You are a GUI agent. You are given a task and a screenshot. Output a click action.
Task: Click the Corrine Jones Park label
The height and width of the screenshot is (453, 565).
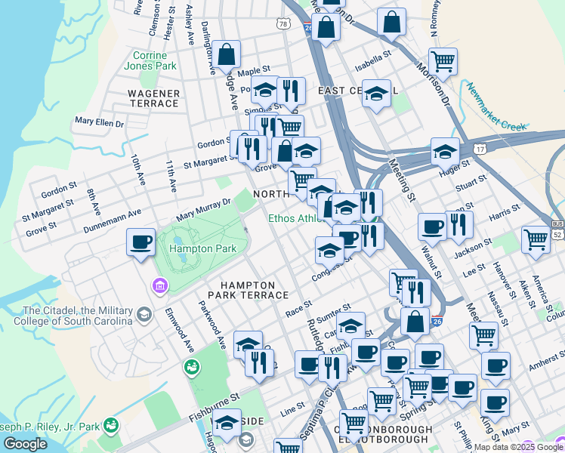(155, 60)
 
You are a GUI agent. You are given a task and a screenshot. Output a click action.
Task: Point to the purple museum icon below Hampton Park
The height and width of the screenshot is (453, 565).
(159, 285)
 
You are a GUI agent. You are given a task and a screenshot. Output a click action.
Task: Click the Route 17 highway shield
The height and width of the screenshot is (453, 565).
(480, 150)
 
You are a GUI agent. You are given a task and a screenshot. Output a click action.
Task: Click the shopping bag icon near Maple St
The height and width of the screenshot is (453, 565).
(226, 55)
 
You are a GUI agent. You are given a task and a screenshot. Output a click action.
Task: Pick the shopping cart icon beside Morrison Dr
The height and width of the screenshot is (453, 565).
(443, 61)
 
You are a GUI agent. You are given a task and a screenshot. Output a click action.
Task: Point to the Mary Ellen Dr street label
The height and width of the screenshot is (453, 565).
(98, 122)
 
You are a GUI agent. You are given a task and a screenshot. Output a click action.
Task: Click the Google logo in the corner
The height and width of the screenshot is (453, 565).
(25, 444)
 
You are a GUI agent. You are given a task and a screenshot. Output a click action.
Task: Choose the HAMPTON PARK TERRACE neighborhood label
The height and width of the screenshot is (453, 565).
(254, 289)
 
